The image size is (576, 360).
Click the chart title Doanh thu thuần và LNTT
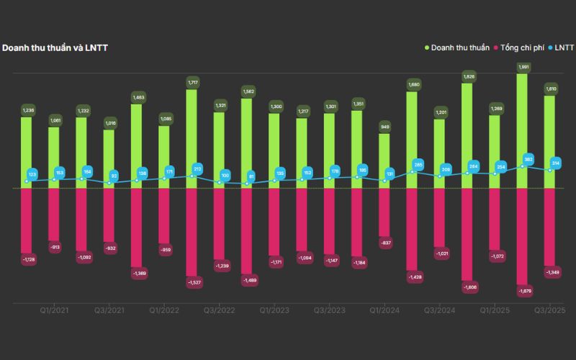click(55, 48)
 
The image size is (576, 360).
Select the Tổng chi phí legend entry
click(520, 48)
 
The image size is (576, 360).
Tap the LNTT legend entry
click(562, 48)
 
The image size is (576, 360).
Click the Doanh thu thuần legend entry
click(457, 48)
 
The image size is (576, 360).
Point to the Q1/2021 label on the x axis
click(54, 310)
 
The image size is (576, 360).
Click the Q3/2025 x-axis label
click(549, 310)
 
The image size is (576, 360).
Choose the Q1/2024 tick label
click(384, 310)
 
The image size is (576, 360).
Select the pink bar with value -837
click(384, 212)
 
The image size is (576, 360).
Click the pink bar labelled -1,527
click(192, 230)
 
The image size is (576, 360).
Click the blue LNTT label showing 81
click(251, 176)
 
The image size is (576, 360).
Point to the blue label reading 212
click(197, 169)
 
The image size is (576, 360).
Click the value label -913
click(54, 247)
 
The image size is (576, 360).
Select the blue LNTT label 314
click(555, 163)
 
